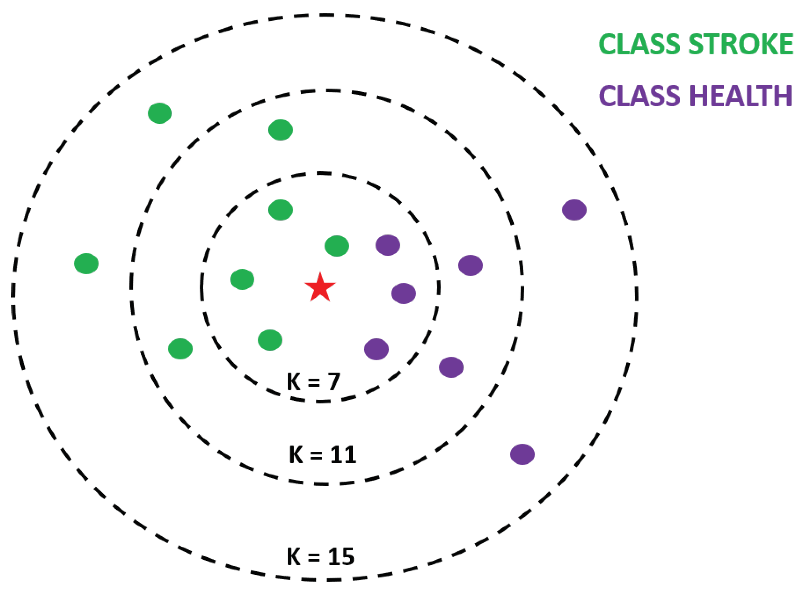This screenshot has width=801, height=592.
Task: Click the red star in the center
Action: (x=320, y=287)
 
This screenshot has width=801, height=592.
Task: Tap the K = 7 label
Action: (x=313, y=382)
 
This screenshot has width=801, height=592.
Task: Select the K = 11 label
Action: (x=323, y=455)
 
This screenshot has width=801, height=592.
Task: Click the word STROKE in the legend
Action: (x=740, y=44)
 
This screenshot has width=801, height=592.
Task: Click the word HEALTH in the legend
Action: (x=740, y=96)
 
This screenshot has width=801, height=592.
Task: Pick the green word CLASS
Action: (x=639, y=44)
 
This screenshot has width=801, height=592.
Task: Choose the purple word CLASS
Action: (x=639, y=96)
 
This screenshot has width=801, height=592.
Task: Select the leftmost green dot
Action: (x=86, y=263)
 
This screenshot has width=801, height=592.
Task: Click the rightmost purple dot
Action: (x=574, y=210)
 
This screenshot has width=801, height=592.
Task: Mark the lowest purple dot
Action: (x=522, y=454)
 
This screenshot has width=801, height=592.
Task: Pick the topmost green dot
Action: (x=159, y=113)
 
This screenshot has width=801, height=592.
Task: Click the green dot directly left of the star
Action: (x=242, y=279)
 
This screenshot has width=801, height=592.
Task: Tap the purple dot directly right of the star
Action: (x=404, y=293)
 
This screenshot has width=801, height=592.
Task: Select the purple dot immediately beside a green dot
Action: (x=388, y=245)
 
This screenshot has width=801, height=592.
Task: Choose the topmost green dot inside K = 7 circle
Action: (x=281, y=210)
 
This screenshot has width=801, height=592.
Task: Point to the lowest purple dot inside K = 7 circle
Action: (x=376, y=349)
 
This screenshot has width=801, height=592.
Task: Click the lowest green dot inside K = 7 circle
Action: (x=270, y=340)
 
